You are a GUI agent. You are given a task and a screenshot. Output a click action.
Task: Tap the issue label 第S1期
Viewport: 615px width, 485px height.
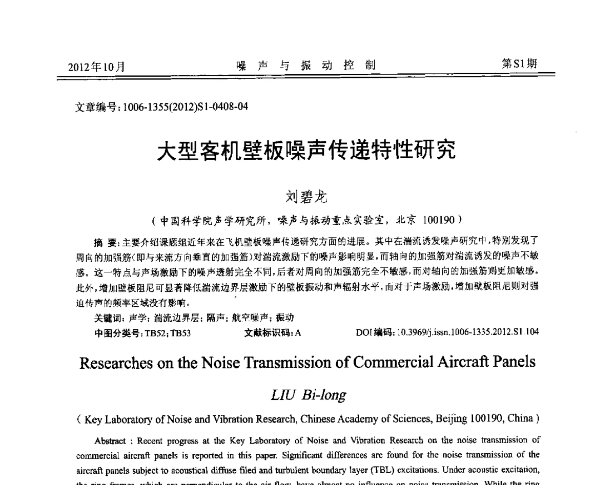tap(519, 64)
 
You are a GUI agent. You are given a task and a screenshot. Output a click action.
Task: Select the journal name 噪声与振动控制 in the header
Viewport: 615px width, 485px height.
tap(306, 65)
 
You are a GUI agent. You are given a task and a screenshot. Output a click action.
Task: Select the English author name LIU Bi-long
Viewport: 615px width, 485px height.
tap(306, 395)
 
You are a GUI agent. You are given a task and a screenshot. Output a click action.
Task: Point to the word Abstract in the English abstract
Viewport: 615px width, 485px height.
tap(108, 440)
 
